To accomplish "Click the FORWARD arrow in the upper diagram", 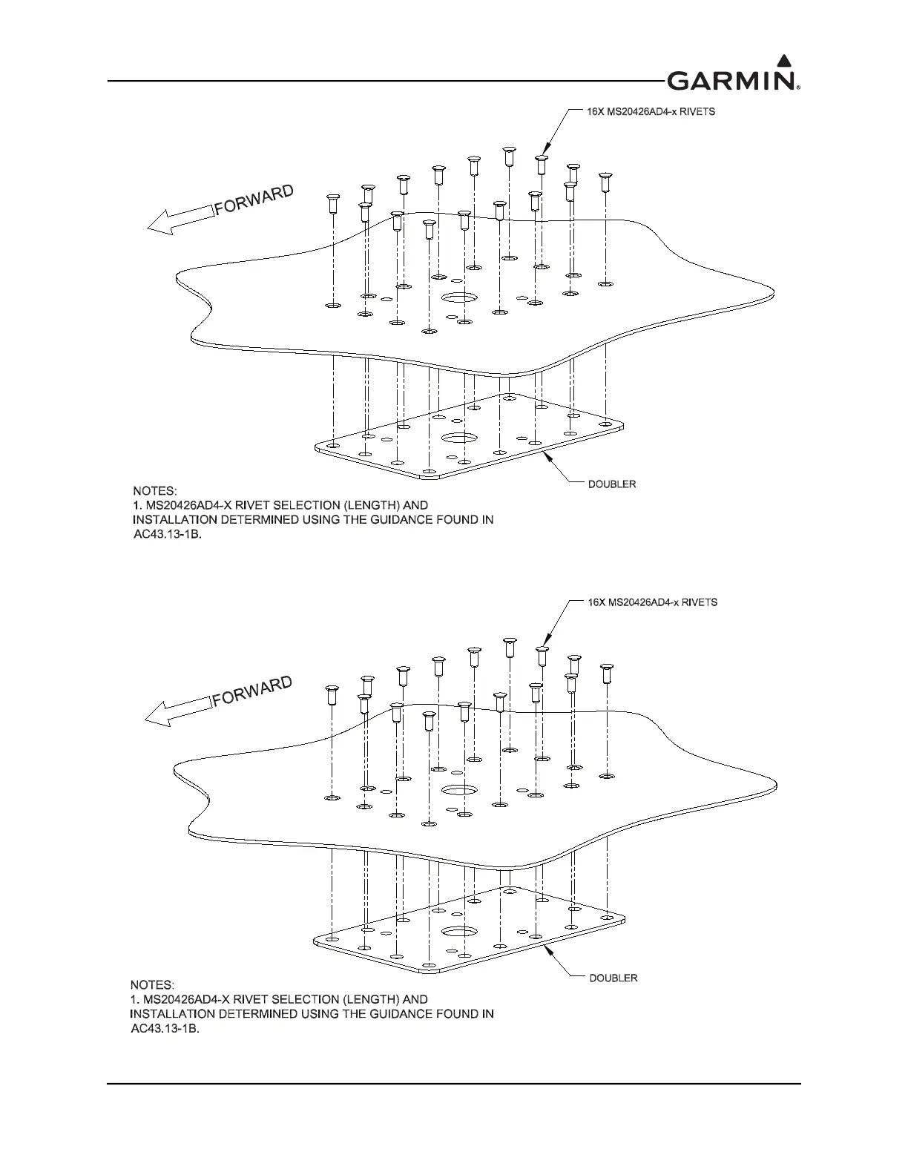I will click(x=181, y=220).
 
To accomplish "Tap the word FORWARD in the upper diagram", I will click(x=254, y=199).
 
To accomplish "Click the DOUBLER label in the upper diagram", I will click(x=612, y=484).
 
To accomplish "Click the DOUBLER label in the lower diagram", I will click(x=613, y=978).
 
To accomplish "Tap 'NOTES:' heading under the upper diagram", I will click(x=155, y=490).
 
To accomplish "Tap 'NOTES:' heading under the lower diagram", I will click(x=152, y=985).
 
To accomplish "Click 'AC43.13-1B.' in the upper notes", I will click(x=162, y=533).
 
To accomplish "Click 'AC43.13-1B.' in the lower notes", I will click(x=160, y=1028).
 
